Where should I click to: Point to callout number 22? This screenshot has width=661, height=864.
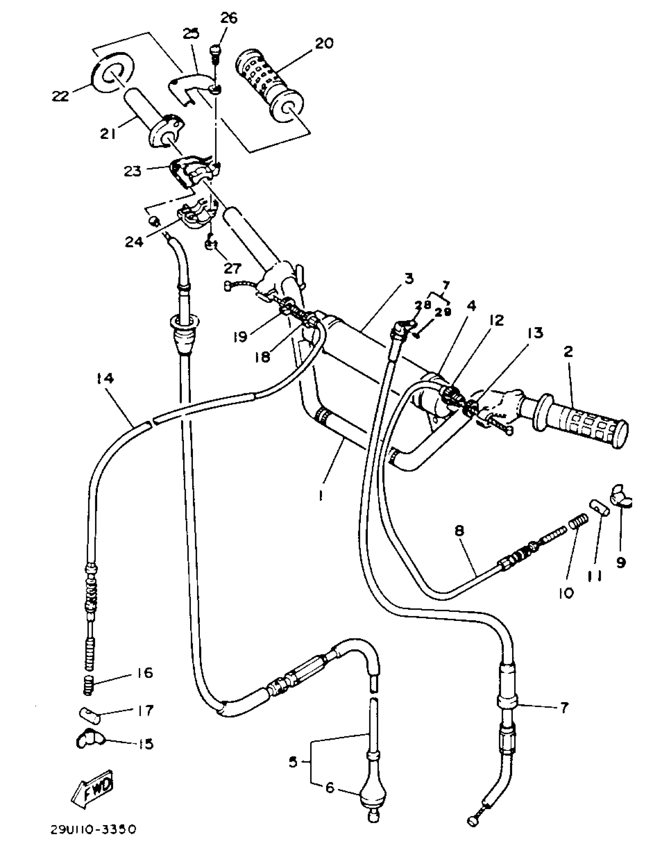tap(60, 96)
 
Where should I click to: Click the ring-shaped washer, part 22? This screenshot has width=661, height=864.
tap(113, 72)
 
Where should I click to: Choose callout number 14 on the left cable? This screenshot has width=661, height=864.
tap(105, 379)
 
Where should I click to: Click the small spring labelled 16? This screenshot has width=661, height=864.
tap(90, 685)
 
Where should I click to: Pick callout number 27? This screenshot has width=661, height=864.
tap(232, 268)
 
